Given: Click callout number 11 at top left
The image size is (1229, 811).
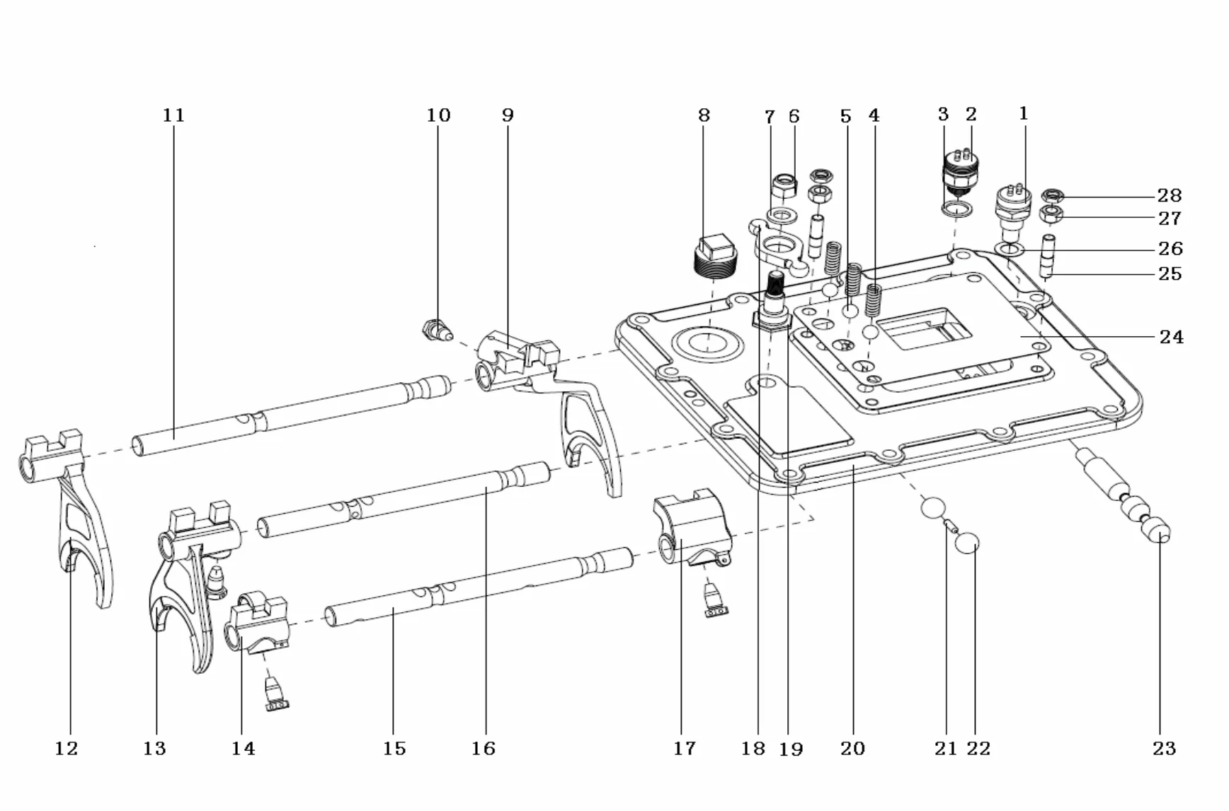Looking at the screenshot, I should coord(173,115).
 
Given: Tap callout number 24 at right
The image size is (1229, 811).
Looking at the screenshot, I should coord(1171,337).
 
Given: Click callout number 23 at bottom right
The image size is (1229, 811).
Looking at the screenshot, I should coord(1164,748).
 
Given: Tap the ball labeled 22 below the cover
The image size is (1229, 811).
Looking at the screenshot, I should coord(967,544).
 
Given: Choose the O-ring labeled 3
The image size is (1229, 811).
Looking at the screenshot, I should coord(956,209).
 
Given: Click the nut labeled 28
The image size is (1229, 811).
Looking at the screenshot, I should coord(1053,195).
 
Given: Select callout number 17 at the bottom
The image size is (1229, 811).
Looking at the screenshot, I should coord(684,748).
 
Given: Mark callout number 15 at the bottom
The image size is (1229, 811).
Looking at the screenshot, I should coord(394,748).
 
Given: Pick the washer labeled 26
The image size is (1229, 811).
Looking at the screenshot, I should coord(1009,249).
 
